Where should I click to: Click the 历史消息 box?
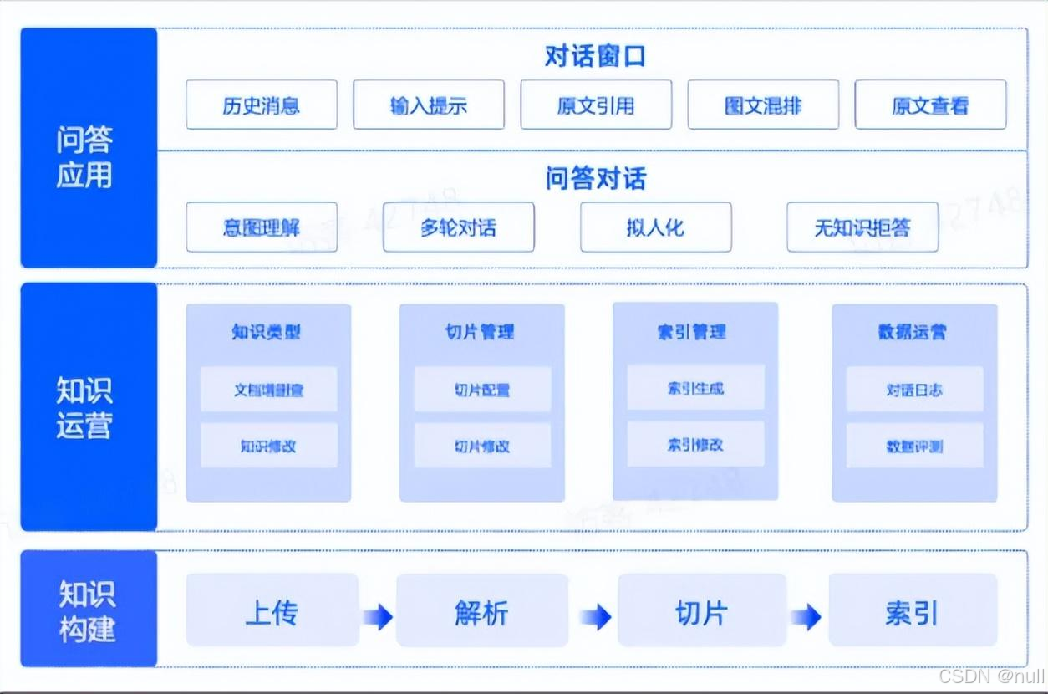(262, 105)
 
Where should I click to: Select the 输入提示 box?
(429, 105)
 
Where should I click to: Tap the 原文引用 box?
(596, 105)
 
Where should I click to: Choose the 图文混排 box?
(763, 105)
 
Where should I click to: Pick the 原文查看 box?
(930, 105)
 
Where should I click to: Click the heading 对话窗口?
(595, 57)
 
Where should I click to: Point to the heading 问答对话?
(595, 179)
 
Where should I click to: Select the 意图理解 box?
(262, 227)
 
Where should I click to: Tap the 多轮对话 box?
(458, 227)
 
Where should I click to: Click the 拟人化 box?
(655, 227)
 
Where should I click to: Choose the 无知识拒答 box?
(862, 227)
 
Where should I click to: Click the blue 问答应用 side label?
(88, 157)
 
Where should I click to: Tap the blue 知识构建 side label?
(88, 611)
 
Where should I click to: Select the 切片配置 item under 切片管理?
(482, 390)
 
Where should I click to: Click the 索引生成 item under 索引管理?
(695, 388)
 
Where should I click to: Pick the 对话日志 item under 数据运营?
(914, 390)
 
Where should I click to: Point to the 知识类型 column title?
(267, 332)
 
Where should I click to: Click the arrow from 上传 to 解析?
(378, 618)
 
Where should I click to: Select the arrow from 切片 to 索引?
(806, 618)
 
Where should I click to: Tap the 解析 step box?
(482, 613)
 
